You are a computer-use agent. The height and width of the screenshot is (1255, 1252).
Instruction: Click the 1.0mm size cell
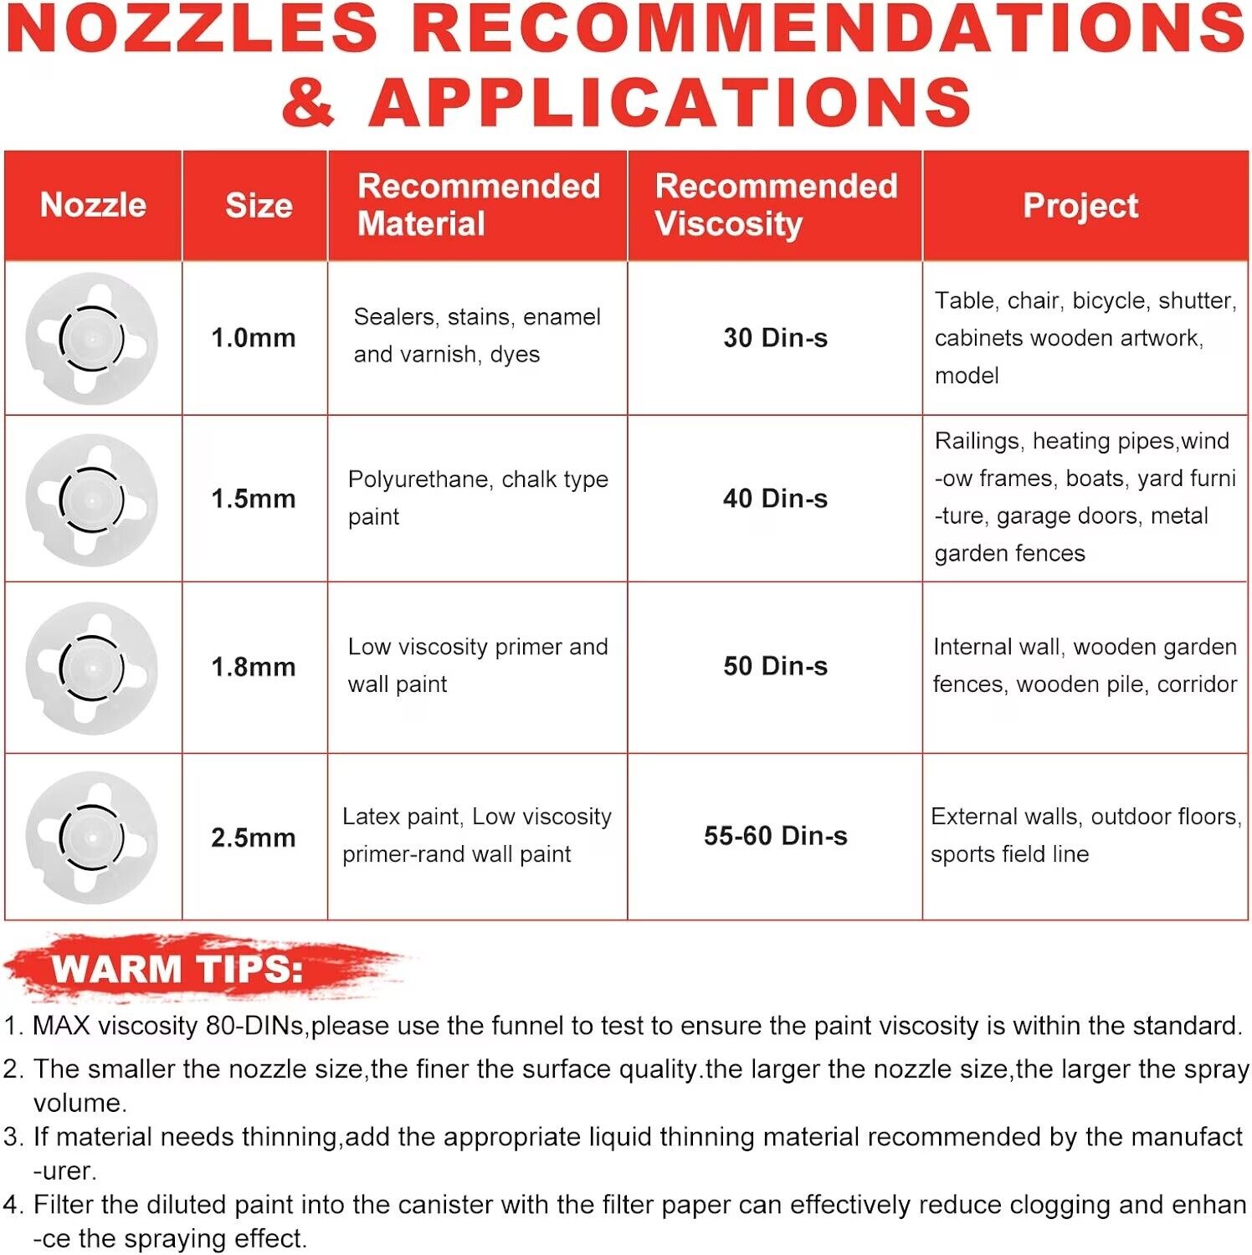(254, 338)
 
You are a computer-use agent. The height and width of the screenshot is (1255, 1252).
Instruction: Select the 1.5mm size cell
(254, 499)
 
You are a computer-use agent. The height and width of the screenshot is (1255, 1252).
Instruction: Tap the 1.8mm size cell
(254, 667)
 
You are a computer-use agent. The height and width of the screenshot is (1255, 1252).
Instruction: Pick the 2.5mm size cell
(254, 838)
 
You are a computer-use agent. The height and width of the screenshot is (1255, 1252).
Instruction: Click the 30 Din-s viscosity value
(775, 338)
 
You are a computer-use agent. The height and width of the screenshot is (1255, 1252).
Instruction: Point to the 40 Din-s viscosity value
(775, 499)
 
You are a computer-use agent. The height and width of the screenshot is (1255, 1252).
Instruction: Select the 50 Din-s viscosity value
(775, 666)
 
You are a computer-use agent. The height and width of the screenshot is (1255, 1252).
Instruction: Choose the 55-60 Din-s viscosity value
(775, 836)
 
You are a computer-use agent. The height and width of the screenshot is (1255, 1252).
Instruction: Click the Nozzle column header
(93, 205)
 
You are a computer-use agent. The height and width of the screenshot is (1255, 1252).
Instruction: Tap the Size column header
(259, 206)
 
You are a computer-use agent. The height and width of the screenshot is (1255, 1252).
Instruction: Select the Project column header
(1080, 206)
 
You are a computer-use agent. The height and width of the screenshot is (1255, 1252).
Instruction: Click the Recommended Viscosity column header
(775, 205)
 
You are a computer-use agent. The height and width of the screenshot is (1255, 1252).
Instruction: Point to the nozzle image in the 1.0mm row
(91, 339)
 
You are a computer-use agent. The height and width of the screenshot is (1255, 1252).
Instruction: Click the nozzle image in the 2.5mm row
(91, 838)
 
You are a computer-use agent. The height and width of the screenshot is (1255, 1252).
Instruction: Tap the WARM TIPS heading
(177, 969)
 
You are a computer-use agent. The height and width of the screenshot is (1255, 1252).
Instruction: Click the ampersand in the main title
(308, 102)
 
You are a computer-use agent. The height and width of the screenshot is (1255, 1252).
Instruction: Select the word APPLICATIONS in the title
(670, 102)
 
